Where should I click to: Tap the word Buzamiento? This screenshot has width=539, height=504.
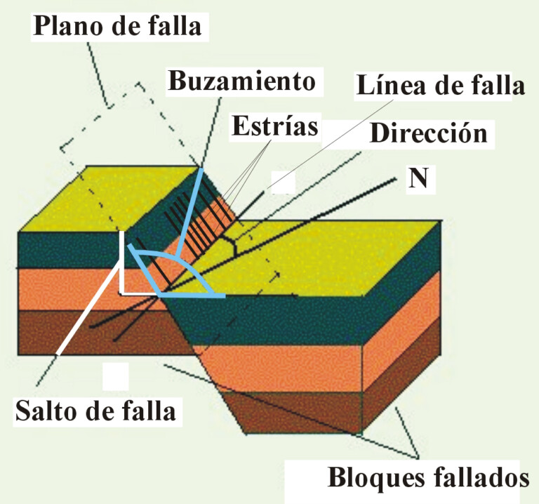click(x=240, y=81)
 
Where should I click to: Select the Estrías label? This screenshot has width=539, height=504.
click(x=274, y=127)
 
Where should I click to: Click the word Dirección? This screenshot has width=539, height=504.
click(x=428, y=133)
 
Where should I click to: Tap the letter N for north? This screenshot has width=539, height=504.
click(x=419, y=180)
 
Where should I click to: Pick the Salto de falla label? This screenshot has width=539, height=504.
click(x=95, y=411)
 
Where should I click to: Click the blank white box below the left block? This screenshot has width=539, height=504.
click(x=115, y=376)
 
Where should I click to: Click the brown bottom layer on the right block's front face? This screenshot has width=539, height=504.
click(x=295, y=411)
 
